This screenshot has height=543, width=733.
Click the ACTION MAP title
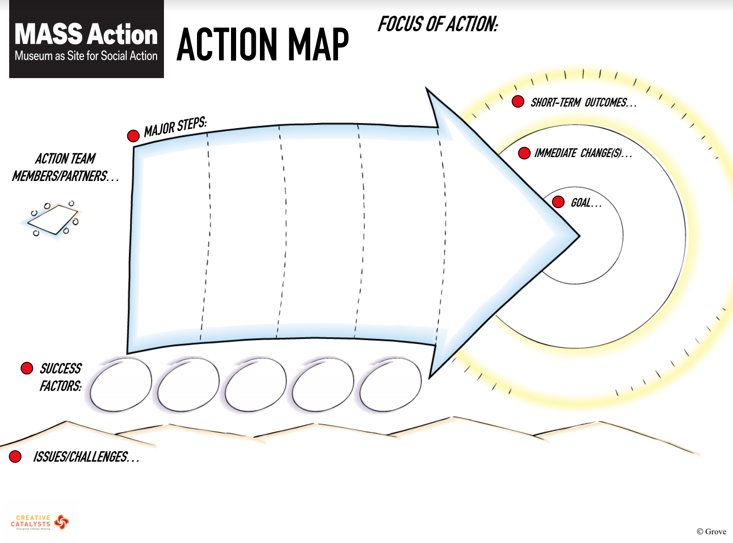click(262, 45)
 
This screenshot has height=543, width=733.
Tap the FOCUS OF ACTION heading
click(437, 24)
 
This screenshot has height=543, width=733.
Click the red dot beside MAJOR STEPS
click(133, 136)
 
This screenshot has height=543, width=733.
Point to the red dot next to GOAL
click(558, 202)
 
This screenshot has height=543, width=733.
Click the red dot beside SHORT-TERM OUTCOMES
click(518, 102)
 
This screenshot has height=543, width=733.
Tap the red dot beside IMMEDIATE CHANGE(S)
click(524, 153)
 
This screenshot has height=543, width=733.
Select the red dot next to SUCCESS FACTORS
click(27, 368)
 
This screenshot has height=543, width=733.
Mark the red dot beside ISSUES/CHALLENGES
click(15, 456)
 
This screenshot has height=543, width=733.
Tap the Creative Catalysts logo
click(39, 522)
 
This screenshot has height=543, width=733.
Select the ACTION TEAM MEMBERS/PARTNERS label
click(65, 167)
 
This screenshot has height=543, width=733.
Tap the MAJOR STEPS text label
click(175, 127)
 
